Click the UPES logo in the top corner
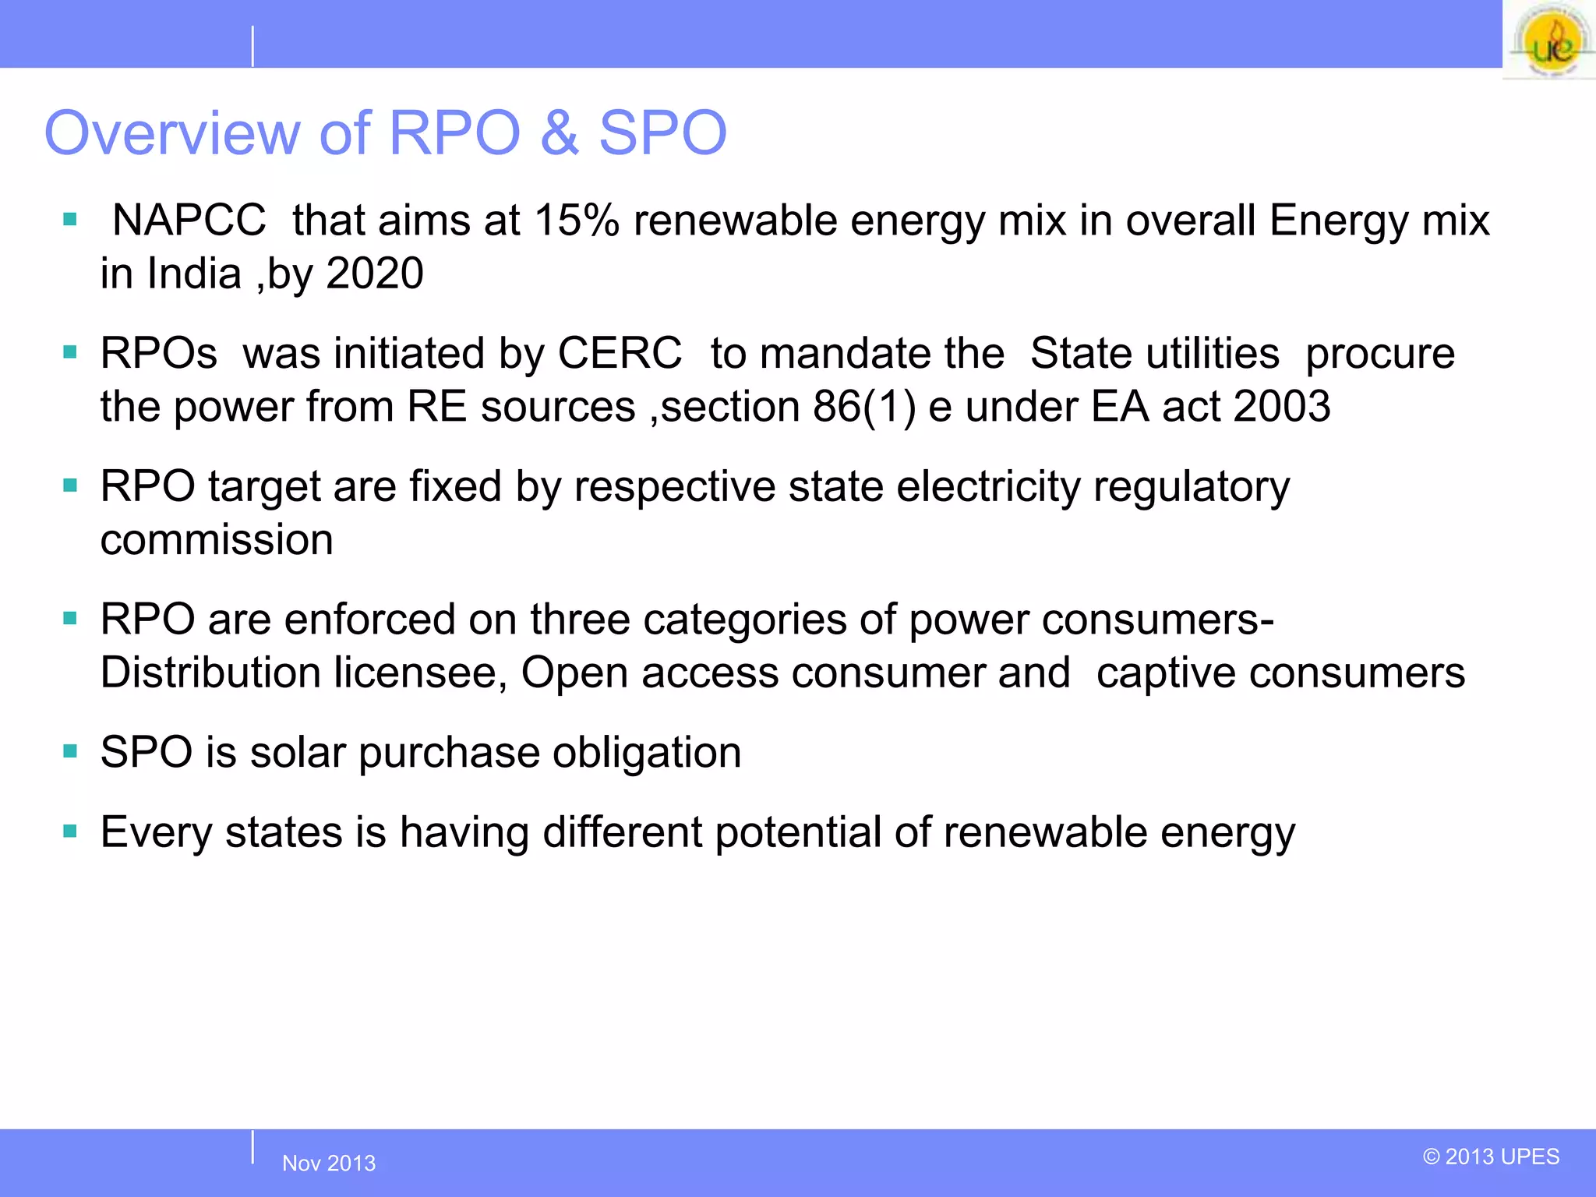click(x=1549, y=41)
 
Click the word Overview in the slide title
click(x=172, y=133)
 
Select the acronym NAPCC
click(x=189, y=221)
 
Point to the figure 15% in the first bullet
click(x=576, y=221)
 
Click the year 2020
click(x=375, y=274)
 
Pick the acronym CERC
click(x=620, y=354)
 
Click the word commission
click(x=217, y=540)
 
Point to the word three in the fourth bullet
click(x=580, y=620)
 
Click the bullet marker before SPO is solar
click(x=70, y=752)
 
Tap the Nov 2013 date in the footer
click(x=329, y=1163)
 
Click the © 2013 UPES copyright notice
click(x=1491, y=1156)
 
